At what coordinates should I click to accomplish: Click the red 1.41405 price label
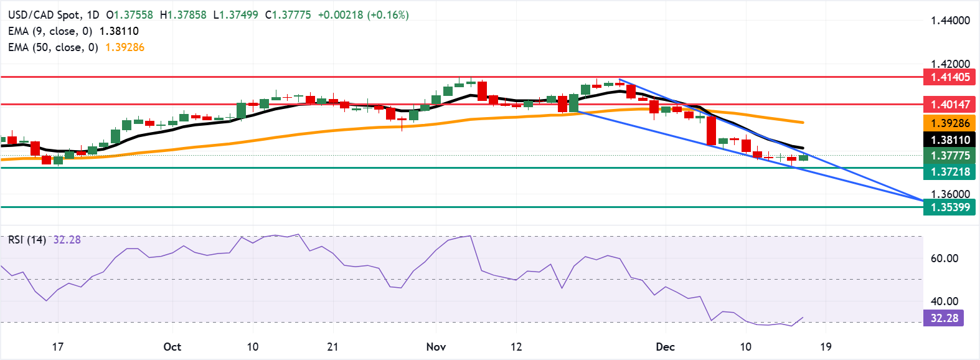point(950,77)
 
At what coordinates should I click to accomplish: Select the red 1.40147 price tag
point(950,104)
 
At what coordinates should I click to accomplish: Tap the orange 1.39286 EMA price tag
point(950,123)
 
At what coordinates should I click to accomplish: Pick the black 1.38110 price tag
point(950,140)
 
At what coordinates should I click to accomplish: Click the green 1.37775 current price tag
point(950,156)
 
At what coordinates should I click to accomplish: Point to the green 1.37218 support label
point(950,172)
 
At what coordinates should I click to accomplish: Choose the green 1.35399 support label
point(950,207)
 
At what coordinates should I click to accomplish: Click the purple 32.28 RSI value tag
point(944,318)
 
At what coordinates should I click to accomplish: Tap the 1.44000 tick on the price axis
point(950,21)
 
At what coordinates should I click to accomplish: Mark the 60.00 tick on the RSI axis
point(944,258)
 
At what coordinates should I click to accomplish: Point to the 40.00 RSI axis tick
point(944,301)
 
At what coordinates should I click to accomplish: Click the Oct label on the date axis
point(172,347)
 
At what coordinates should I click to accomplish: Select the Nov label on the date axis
point(436,347)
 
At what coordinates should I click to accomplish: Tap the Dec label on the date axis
point(665,347)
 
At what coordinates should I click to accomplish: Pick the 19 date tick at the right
point(826,347)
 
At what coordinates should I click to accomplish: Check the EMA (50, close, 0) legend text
point(53,47)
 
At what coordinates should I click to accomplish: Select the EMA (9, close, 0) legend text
point(50,31)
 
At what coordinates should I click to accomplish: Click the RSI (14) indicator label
point(27,240)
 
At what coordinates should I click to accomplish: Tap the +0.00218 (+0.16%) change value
point(363,15)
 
